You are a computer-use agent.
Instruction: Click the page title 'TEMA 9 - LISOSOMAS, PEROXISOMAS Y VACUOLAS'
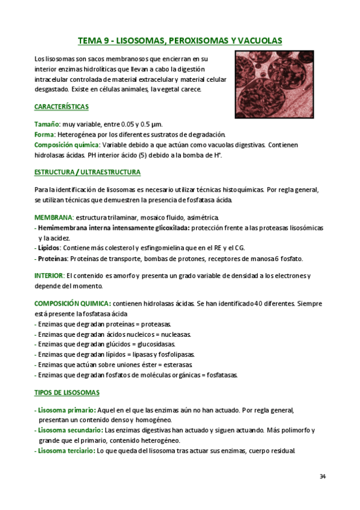click(180, 41)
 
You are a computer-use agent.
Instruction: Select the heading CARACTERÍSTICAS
click(61, 106)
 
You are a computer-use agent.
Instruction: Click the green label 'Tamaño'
click(47, 124)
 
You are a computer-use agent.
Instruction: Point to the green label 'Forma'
click(44, 134)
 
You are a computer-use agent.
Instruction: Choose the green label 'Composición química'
click(67, 145)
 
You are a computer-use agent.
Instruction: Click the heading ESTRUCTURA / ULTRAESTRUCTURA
click(87, 172)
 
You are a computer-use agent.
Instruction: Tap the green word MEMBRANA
click(53, 217)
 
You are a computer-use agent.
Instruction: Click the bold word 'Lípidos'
click(48, 248)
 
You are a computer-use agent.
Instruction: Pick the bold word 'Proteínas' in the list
click(52, 259)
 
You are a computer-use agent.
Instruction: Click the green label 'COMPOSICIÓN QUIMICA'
click(72, 303)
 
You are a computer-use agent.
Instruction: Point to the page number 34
click(323, 477)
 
